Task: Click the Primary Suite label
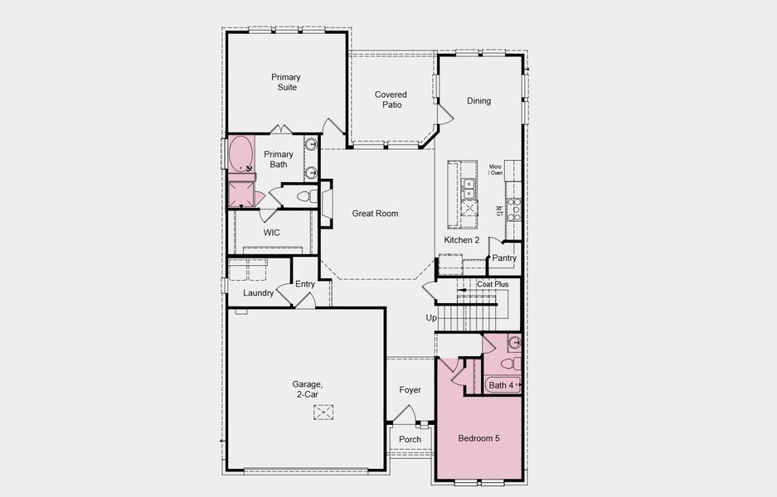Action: coord(285,82)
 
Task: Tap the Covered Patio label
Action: coord(391,100)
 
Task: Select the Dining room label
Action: coord(478,101)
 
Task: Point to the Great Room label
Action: coord(375,214)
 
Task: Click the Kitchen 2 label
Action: coord(462,240)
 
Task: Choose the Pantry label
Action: coord(504,258)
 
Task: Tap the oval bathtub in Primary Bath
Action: coord(241,154)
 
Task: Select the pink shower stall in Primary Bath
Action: coord(241,195)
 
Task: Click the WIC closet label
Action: coord(272,233)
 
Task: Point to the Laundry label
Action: coord(258,293)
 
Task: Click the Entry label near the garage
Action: coord(305,284)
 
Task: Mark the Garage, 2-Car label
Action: coord(305,389)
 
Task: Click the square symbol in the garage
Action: coord(323,412)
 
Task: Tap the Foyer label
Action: coord(410,390)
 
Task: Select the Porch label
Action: coord(410,440)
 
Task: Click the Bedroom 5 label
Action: coord(479,437)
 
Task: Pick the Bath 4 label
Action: coord(500,385)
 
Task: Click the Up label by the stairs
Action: coord(430,318)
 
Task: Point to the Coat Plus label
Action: coord(493,284)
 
